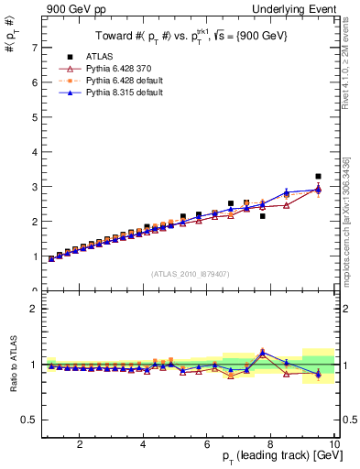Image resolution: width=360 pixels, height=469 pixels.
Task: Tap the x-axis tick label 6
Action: pyautogui.click(x=207, y=445)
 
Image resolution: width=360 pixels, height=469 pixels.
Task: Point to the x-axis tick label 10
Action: pyautogui.click(x=334, y=445)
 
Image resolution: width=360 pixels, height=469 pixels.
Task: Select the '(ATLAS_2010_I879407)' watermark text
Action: pyautogui.click(x=190, y=274)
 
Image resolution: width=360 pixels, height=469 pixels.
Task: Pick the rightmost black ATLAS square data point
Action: pyautogui.click(x=318, y=176)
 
